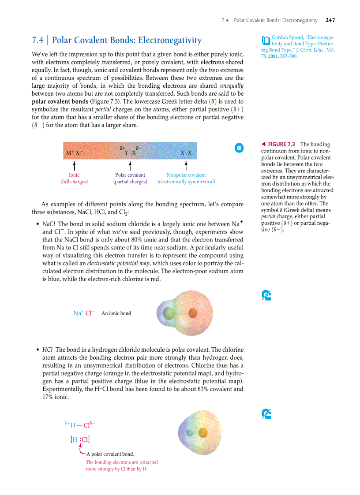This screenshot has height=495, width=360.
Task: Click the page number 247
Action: coord(330,20)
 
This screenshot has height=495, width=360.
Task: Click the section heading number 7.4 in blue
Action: coord(38,41)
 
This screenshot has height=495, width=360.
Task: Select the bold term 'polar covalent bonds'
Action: coord(60,101)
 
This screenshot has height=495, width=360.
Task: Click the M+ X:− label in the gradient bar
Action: coord(74,153)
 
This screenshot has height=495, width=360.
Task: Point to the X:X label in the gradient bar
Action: coord(186,153)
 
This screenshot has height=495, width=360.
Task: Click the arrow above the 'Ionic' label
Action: coord(74,165)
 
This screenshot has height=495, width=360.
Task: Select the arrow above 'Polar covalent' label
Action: coord(130,165)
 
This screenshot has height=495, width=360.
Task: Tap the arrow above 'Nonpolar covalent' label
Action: coord(186,165)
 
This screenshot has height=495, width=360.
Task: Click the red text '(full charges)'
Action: coord(74,182)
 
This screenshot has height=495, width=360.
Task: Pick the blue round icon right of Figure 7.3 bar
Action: coord(239,148)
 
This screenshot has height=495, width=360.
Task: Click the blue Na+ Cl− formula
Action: coord(84,313)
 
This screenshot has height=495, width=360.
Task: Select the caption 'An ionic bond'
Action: coord(116,313)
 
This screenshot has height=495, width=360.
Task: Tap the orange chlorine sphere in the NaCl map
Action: coord(192,313)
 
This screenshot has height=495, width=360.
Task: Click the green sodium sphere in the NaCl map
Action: coord(168,313)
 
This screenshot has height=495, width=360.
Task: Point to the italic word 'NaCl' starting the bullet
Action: coord(49,224)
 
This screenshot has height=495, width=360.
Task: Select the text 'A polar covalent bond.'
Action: coord(110,454)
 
